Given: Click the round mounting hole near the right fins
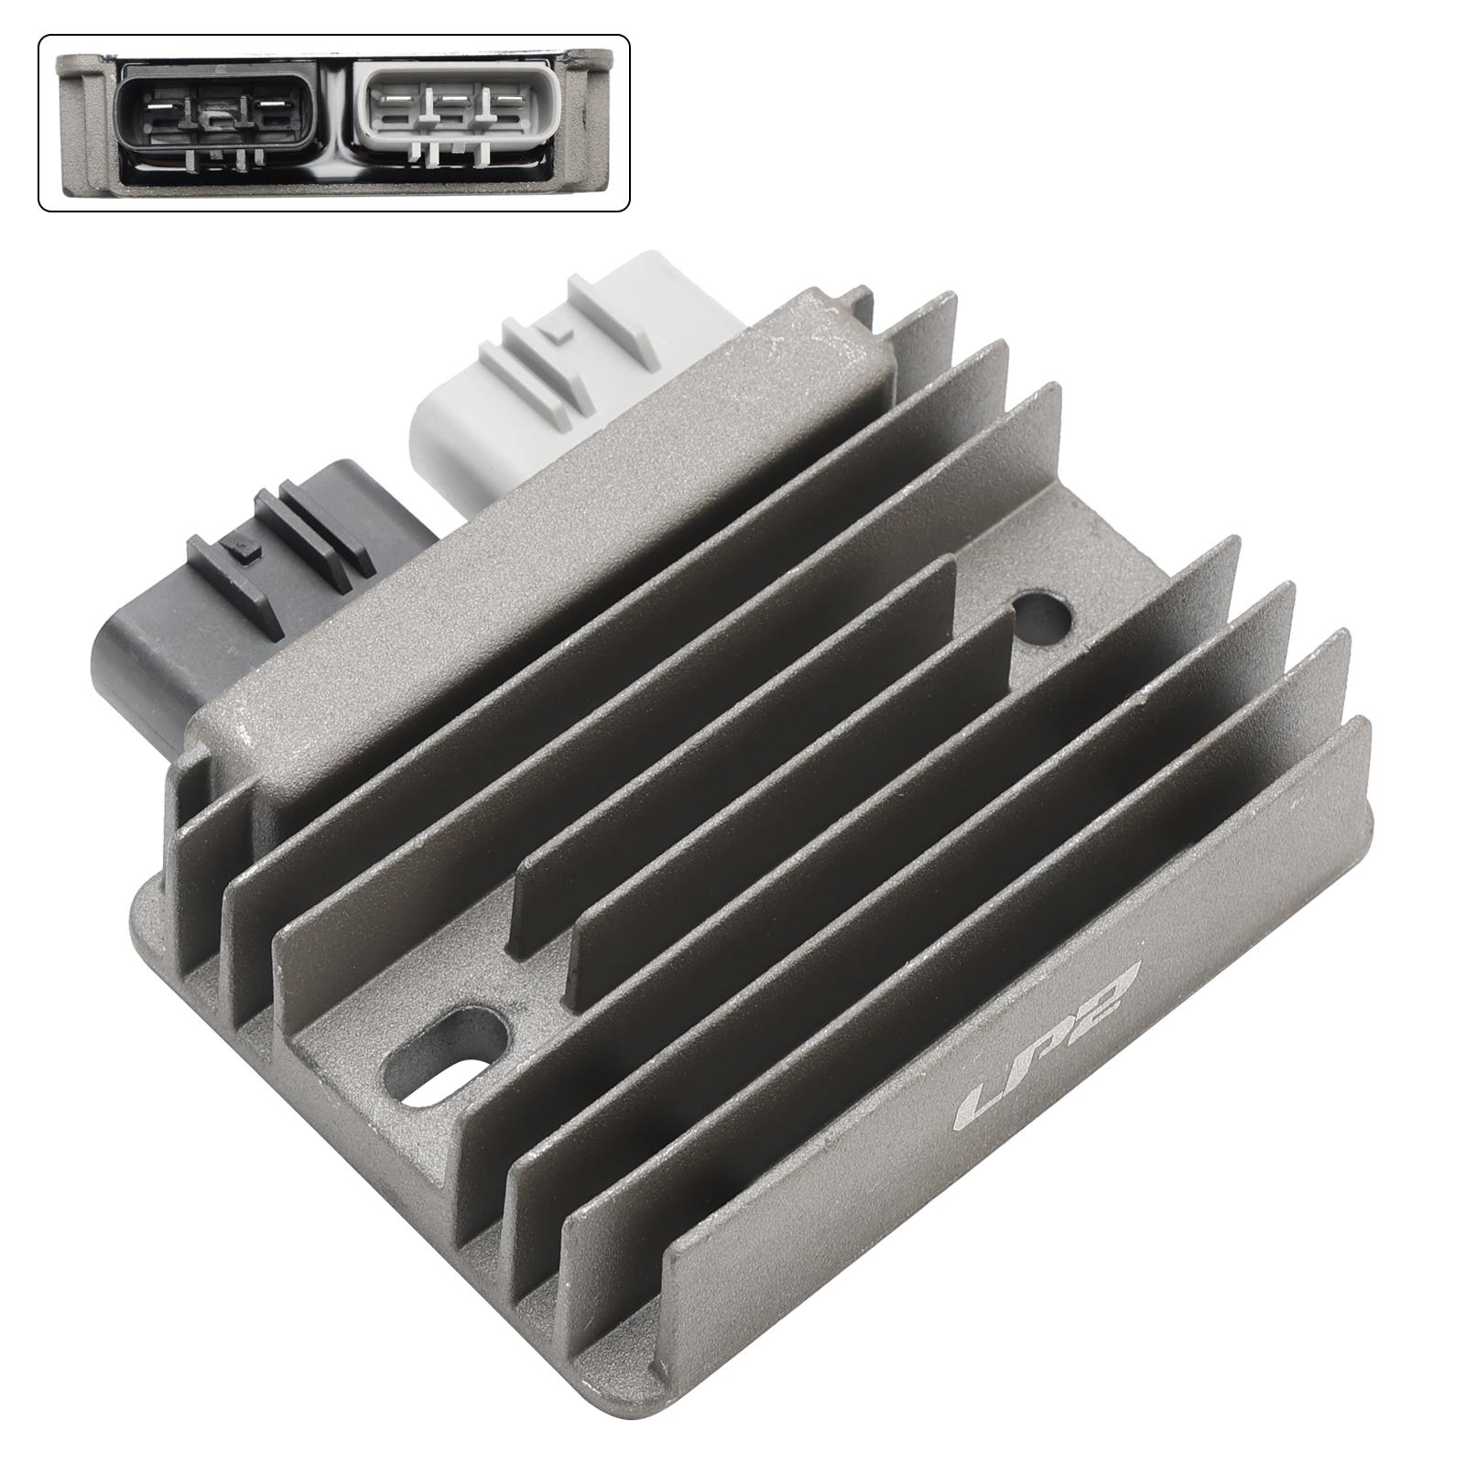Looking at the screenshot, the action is click(1041, 615).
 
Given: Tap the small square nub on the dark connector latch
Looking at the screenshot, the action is click(244, 551).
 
